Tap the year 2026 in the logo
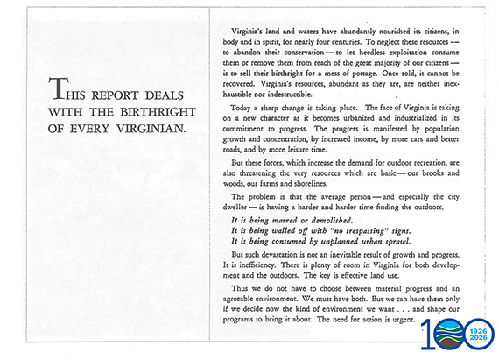click(x=477, y=340)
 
